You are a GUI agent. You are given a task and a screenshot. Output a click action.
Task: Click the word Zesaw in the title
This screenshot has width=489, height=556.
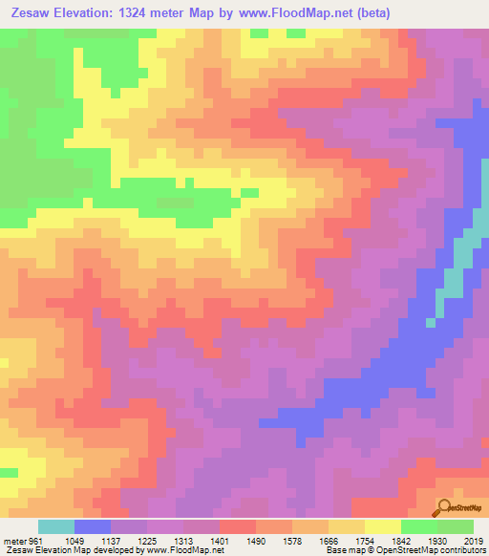(32, 12)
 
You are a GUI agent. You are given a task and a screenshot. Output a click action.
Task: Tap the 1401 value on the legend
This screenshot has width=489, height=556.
(232, 541)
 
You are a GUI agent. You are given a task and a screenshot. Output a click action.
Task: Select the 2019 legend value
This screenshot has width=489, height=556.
(475, 541)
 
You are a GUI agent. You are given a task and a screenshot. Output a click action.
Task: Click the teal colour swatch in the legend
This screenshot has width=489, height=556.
(56, 526)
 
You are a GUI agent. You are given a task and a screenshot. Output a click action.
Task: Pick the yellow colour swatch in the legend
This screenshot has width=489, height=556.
(383, 526)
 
